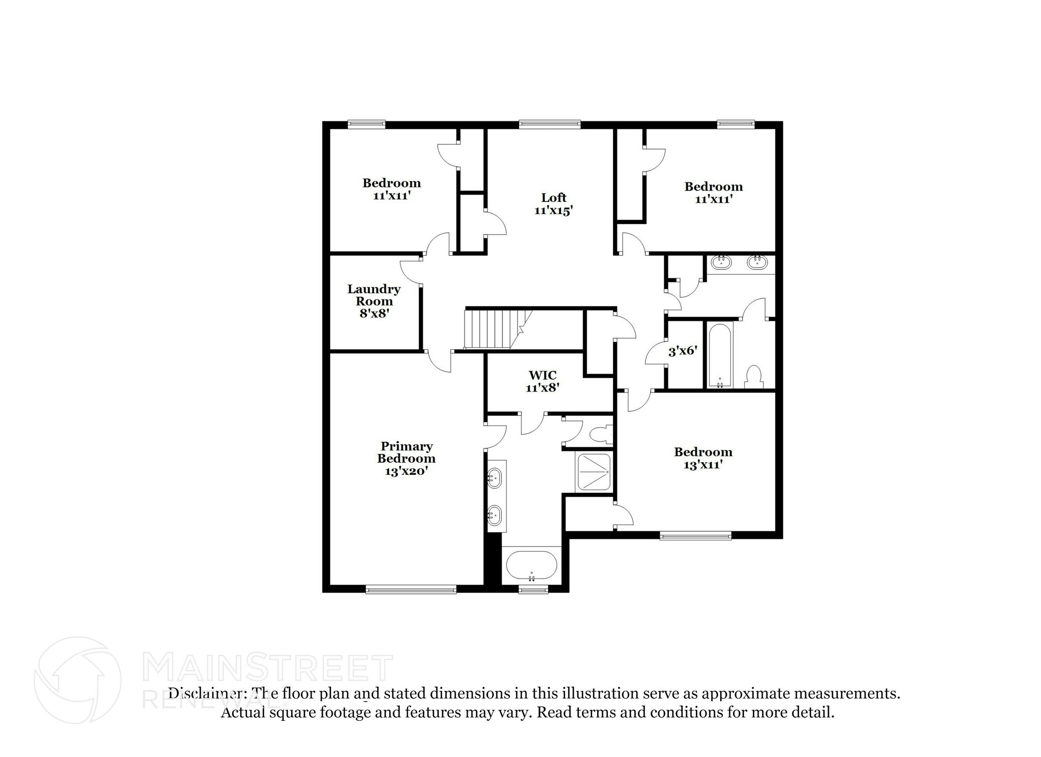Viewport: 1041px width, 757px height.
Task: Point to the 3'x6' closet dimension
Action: point(682,351)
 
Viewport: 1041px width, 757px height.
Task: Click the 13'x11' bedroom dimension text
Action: point(703,465)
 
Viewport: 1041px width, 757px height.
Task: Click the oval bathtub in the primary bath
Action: point(532,565)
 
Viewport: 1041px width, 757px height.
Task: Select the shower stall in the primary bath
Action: point(594,473)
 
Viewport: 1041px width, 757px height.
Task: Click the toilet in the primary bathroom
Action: point(600,434)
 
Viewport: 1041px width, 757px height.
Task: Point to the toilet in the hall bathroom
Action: point(754,377)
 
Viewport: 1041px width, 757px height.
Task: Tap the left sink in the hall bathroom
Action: point(720,262)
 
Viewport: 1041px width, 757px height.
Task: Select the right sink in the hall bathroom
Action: point(757,262)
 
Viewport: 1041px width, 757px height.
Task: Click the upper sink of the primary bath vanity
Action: point(494,478)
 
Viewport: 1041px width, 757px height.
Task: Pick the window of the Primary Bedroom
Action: point(411,590)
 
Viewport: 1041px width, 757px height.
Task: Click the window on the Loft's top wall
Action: point(549,123)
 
